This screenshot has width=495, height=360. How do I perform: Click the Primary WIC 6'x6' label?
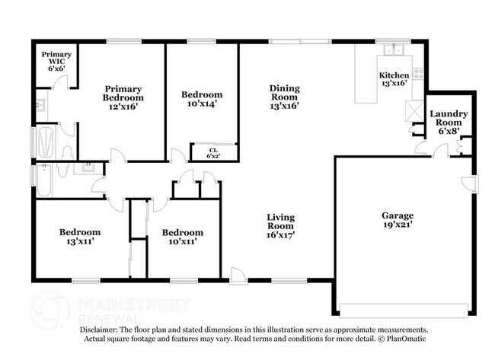click(x=56, y=61)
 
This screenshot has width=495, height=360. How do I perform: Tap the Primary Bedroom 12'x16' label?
click(x=123, y=97)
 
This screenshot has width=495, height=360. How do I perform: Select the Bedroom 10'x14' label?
click(x=201, y=99)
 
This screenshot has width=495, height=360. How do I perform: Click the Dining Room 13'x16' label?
click(x=283, y=97)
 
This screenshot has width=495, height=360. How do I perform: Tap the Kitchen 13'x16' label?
click(x=394, y=79)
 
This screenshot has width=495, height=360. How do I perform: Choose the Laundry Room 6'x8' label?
click(x=449, y=123)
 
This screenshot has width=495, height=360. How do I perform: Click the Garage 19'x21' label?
click(x=398, y=220)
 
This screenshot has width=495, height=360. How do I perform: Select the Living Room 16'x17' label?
click(x=280, y=226)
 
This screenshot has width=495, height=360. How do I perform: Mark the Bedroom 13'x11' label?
click(x=80, y=236)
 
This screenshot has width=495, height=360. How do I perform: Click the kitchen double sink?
click(x=394, y=51)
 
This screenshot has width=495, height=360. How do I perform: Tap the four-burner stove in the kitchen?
click(x=417, y=73)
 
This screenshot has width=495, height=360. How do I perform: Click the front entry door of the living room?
click(x=238, y=276)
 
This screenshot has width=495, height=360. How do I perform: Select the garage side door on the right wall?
click(x=471, y=183)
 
